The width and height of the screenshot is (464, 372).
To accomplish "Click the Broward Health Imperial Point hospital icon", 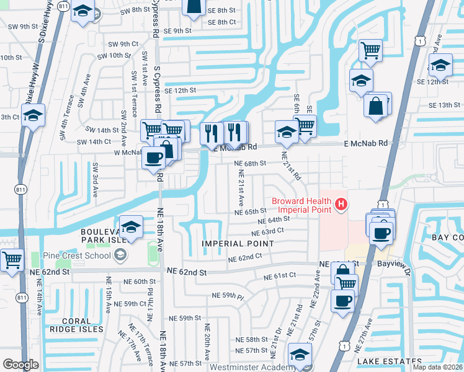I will pos(340,203).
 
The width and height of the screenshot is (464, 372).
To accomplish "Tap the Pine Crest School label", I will pos(77,255).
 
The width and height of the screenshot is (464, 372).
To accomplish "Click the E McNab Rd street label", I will pos(366,143).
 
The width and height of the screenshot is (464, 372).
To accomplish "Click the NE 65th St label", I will pos(250,212).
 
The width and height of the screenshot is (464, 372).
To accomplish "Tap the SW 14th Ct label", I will pos(94,142).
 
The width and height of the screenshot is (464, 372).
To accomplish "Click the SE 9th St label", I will pos(174,31).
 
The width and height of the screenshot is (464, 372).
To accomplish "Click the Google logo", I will pos(20,365).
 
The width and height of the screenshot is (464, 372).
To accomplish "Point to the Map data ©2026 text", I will pos(437,367).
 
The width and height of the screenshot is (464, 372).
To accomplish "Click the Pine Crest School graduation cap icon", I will pos(120,255).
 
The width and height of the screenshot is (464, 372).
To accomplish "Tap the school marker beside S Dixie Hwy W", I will pos(33,115).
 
